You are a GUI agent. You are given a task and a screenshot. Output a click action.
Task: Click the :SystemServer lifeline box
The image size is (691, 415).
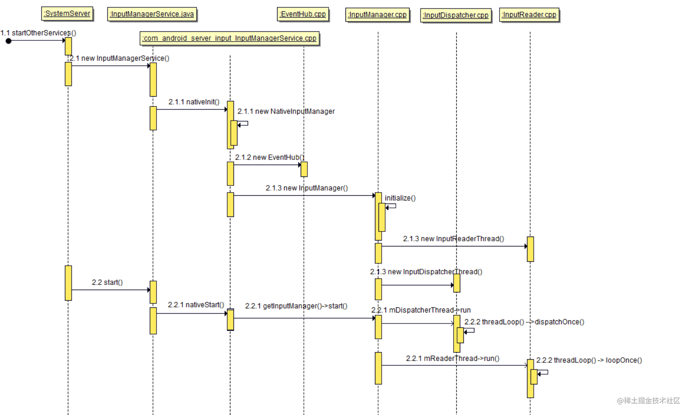click(x=67, y=13)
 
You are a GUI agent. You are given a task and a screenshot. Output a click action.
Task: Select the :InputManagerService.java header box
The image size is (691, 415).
click(x=152, y=14)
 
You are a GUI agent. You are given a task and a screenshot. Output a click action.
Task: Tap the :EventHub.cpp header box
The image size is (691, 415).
click(x=303, y=14)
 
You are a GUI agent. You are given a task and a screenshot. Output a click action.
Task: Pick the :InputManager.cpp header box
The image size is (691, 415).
click(x=377, y=15)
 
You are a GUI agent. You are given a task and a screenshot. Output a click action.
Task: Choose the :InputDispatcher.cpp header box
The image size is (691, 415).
click(x=456, y=15)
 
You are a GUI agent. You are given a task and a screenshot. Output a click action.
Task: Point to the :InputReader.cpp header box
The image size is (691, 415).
click(x=529, y=15)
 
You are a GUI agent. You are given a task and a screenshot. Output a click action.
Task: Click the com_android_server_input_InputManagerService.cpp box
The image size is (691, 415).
click(x=230, y=38)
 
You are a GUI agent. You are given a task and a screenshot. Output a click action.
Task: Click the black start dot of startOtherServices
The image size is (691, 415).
click(x=9, y=41)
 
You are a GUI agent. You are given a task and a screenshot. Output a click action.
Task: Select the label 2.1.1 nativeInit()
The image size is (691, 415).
click(x=194, y=102)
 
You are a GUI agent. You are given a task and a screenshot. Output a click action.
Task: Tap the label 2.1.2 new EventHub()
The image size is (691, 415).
click(x=270, y=157)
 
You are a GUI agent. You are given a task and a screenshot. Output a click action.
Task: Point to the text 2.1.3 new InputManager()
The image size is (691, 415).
click(x=307, y=188)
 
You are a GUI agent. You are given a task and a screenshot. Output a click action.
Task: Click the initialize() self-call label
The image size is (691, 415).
click(x=400, y=198)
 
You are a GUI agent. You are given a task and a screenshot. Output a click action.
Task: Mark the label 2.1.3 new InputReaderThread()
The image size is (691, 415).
click(x=453, y=239)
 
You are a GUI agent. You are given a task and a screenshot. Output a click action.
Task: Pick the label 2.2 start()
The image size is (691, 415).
click(x=107, y=282)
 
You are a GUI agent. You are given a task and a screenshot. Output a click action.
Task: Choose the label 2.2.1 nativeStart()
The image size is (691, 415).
click(x=196, y=305)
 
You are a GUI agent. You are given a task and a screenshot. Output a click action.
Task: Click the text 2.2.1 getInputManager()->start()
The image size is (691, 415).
click(x=296, y=306)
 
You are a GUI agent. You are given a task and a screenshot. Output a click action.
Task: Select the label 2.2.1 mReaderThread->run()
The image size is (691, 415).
click(x=452, y=358)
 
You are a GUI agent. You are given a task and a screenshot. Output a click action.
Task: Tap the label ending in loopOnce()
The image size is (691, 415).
click(x=589, y=360)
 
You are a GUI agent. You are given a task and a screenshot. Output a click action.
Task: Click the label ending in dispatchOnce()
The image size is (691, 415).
click(x=524, y=322)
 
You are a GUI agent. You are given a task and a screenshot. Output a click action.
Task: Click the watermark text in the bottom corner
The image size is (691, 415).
click(x=648, y=400)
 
